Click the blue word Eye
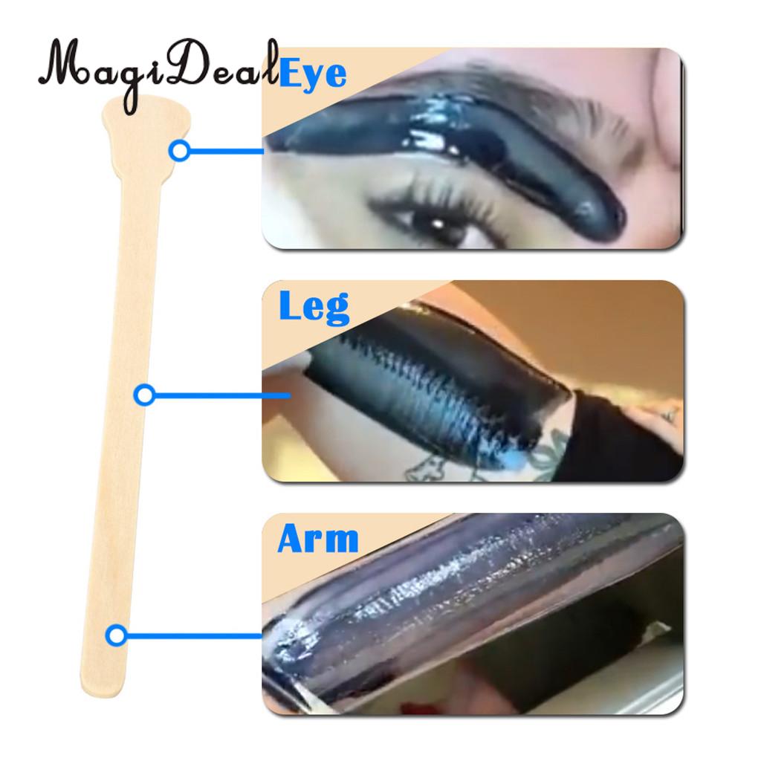point(313,73)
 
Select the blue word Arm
point(318,538)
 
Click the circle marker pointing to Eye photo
point(180,151)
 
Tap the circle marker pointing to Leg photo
point(144,395)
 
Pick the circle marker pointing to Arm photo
point(117,635)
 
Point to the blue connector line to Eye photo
point(227,152)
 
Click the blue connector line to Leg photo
point(222,395)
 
